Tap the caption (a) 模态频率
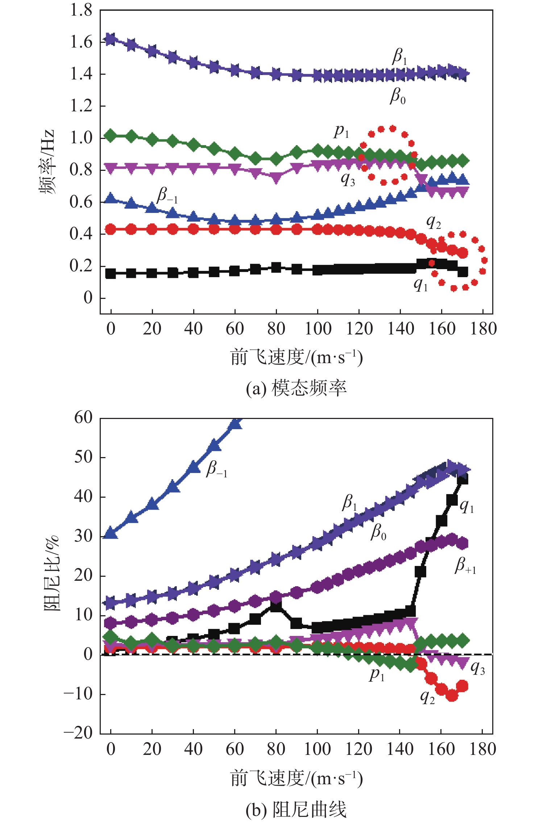point(296,389)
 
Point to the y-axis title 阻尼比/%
point(51,573)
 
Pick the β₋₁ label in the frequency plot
point(167,196)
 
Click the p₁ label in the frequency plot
point(341,131)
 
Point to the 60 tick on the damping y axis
point(83,418)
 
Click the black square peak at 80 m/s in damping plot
point(276,606)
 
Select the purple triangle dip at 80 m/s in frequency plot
point(276,177)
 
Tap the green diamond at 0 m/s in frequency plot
point(111,136)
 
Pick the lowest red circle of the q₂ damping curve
point(452,695)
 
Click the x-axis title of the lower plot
point(296,778)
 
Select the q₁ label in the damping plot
point(466,506)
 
